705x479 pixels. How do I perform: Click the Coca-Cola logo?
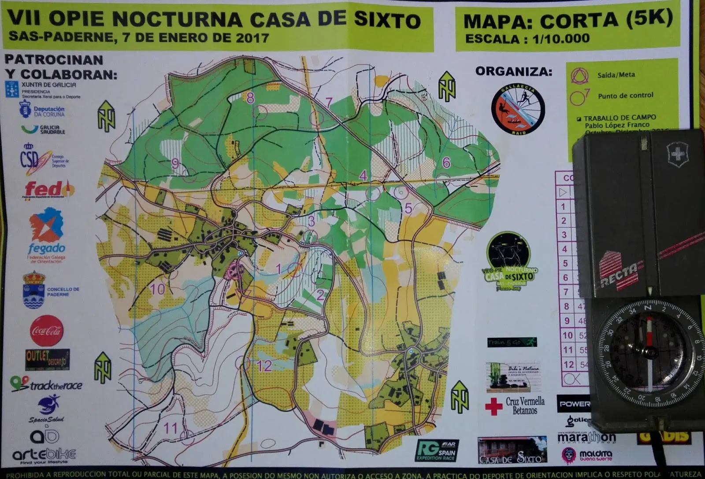pos(47,331)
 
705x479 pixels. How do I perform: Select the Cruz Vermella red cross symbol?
pos(493,406)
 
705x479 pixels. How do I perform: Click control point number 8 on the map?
pos(250,98)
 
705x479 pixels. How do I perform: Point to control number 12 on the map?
pos(264,366)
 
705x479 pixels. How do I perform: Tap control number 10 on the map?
pos(157,289)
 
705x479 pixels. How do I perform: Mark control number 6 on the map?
pos(446,162)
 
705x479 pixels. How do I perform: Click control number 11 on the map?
pos(170,427)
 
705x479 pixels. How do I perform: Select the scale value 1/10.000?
pos(560,39)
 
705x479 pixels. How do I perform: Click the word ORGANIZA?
pos(513,71)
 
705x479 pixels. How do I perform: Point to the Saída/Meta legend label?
pos(616,75)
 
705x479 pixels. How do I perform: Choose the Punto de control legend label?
pos(625,96)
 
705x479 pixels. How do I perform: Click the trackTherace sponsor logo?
pos(47,385)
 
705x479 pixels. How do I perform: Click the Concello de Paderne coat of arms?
pos(34,290)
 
